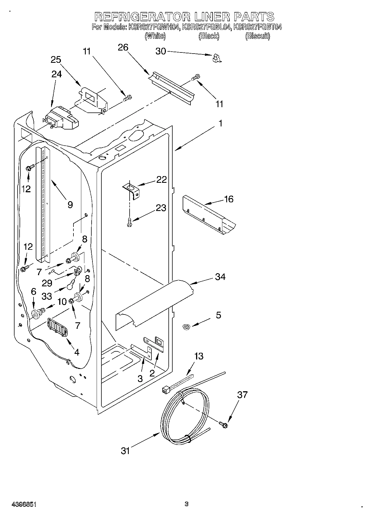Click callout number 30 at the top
point(160,51)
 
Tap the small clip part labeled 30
point(216,58)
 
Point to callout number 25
point(56,60)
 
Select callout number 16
point(228,199)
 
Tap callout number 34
point(220,277)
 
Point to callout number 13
point(199,356)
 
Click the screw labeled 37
point(224,425)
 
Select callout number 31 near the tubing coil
point(125,450)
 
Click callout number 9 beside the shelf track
point(70,205)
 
